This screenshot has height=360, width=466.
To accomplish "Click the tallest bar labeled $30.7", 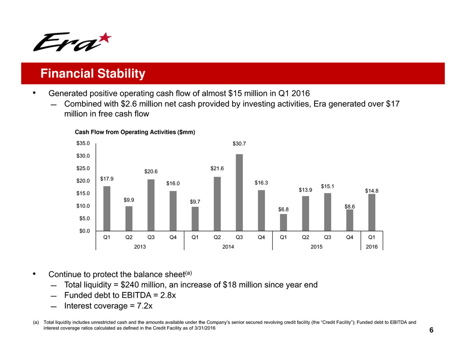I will (239, 192).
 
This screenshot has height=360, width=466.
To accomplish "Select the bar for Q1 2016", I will (372, 212).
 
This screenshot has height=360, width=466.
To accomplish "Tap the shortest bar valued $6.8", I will (283, 222).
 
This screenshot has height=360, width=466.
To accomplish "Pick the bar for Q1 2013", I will (107, 208).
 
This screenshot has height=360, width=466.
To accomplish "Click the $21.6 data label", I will (217, 168).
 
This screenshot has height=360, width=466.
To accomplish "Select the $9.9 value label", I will (129, 200).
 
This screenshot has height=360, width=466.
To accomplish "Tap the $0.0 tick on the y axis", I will (85, 231).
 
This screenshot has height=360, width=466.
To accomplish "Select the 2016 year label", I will (372, 246).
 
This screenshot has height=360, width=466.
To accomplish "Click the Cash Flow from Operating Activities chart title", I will (135, 132).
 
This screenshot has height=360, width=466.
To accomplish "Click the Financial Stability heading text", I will (92, 73).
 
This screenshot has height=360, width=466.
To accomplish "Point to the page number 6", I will (431, 330).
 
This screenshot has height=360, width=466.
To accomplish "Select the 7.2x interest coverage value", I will (142, 306).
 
